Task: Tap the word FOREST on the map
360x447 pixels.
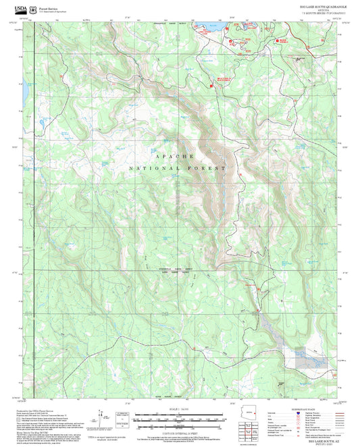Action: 212,167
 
